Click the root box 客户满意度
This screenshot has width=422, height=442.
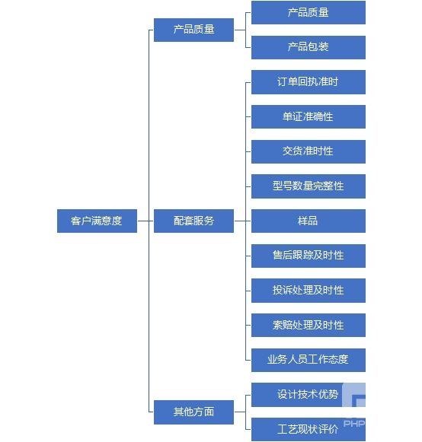point(97,221)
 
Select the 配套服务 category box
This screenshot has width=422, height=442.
point(193,221)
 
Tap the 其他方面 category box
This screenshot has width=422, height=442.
point(193,412)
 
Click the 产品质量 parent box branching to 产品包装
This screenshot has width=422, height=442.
point(193,30)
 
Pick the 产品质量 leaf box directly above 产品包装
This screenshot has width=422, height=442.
point(309,12)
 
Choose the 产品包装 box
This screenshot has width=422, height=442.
point(309,47)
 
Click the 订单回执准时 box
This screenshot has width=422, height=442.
point(309,82)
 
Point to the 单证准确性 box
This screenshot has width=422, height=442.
point(309,116)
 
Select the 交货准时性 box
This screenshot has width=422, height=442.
point(309,151)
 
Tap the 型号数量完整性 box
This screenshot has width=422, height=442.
point(309,186)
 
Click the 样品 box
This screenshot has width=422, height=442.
point(309,221)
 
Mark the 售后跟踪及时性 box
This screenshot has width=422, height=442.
point(309,256)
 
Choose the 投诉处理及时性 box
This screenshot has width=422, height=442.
point(309,291)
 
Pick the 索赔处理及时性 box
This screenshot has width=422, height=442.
point(309,325)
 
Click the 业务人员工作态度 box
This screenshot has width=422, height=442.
point(309,361)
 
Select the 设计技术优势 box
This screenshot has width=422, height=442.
point(309,395)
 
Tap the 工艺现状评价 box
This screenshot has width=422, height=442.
point(309,429)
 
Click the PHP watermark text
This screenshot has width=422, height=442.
point(354,424)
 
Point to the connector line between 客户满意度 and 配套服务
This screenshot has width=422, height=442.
point(145,221)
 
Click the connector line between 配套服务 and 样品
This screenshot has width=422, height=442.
point(242,221)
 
